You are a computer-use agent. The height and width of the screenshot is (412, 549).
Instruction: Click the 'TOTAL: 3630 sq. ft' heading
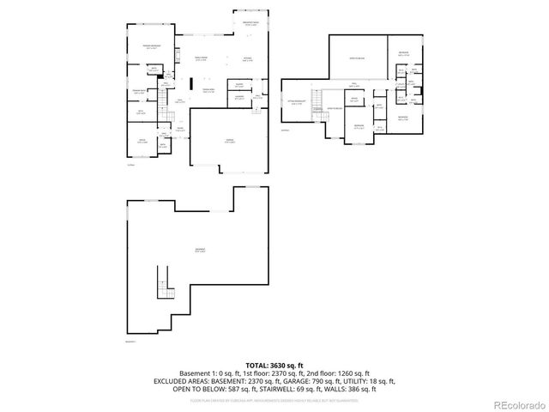coord(274,365)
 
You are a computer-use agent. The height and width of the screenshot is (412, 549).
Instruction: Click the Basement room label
coord(199,251)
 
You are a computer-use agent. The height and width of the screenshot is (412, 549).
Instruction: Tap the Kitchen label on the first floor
coord(246,60)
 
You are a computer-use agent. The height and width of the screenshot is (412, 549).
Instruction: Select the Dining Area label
coord(208,90)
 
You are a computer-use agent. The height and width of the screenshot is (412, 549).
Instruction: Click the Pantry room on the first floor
coord(239,85)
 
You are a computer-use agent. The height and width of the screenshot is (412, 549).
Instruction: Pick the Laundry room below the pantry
coord(240,97)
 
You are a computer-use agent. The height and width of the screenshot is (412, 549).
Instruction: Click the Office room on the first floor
coord(142,142)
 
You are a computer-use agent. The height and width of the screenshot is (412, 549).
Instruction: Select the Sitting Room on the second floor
coord(299,103)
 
